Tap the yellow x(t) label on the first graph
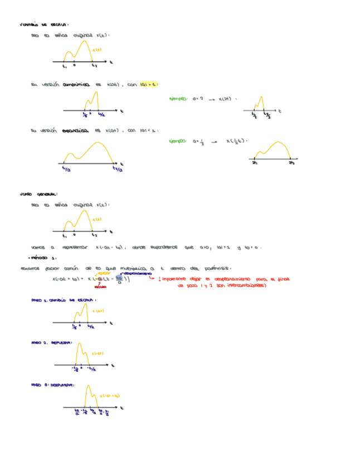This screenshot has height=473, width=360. [x=96, y=50]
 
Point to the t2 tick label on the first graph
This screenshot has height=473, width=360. [x=94, y=66]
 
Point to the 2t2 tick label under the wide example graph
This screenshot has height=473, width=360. [x=291, y=164]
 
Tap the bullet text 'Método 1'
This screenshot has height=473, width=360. [x=43, y=258]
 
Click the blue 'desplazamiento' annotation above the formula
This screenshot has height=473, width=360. [x=136, y=274]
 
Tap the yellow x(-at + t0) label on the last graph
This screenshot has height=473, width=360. [x=110, y=396]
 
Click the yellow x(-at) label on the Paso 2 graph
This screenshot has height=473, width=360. [x=96, y=354]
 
